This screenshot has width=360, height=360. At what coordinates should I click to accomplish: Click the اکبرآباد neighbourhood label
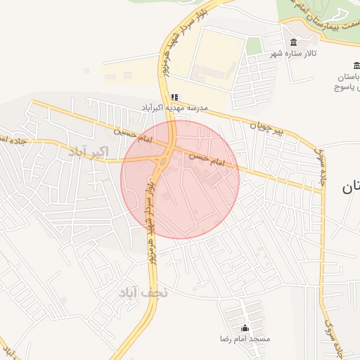click(x=88, y=152)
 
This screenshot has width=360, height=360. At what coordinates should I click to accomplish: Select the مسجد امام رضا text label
click(x=245, y=339)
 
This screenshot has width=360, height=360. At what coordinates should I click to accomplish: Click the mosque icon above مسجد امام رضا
click(x=245, y=328)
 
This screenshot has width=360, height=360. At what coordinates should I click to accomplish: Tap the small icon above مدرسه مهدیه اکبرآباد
click(x=174, y=97)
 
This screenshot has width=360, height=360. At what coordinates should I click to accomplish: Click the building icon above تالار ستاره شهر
click(x=293, y=43)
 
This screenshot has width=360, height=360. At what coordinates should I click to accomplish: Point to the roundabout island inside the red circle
click(x=162, y=163)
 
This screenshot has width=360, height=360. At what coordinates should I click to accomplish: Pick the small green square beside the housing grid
click(x=254, y=46)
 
